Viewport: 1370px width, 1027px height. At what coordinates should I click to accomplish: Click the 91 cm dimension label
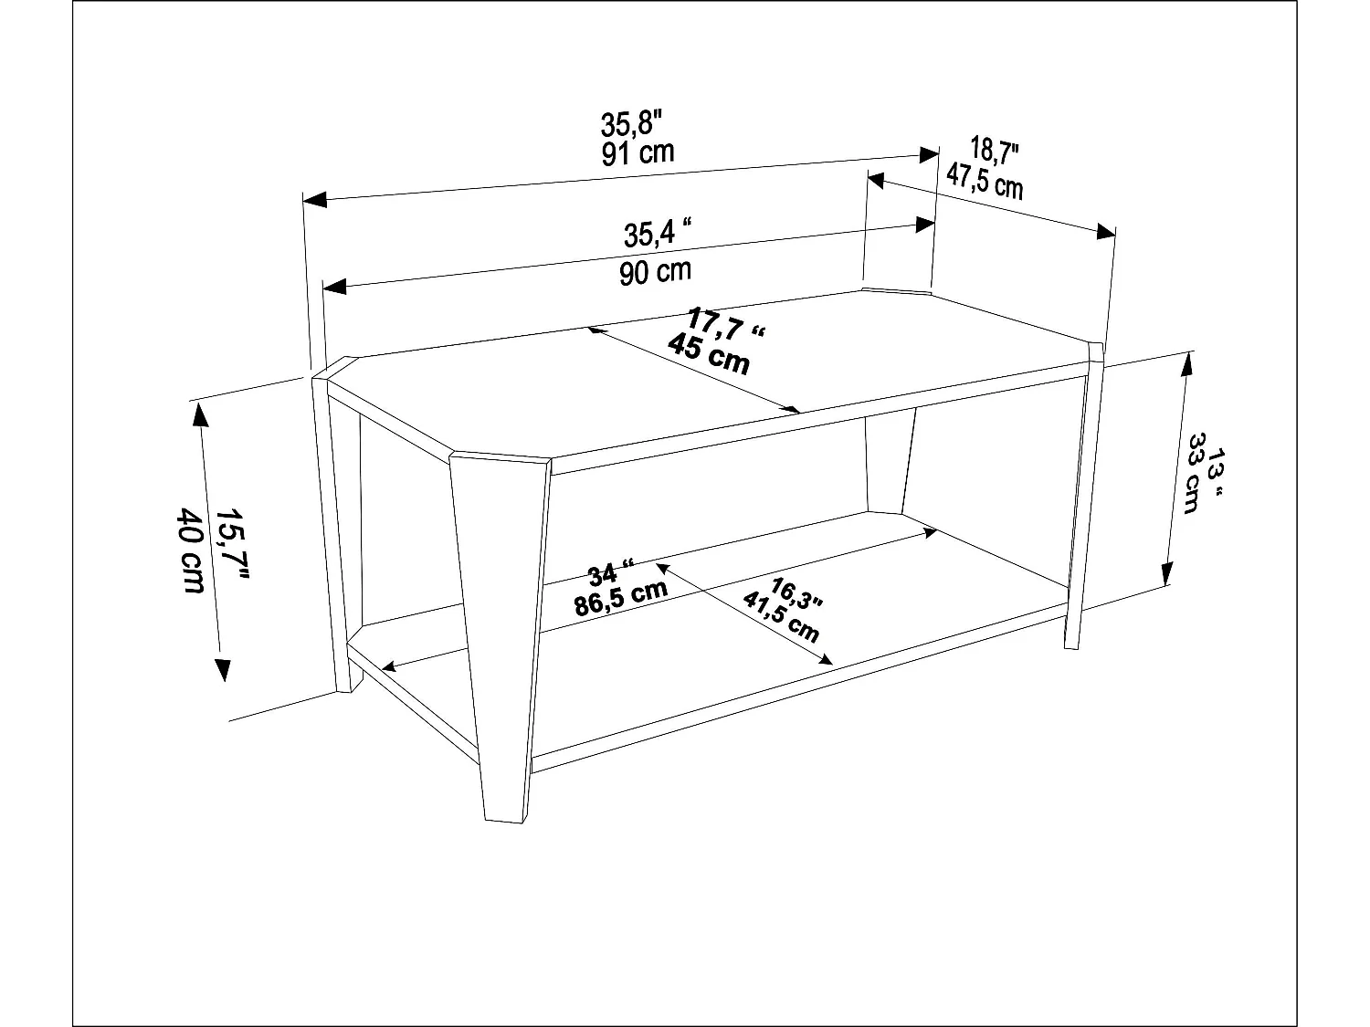coord(638,152)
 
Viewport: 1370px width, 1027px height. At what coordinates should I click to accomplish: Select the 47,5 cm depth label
coord(984,180)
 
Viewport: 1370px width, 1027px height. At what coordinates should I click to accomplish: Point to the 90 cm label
coord(655,271)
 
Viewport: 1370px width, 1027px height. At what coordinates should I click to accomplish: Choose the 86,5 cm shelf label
coord(621,599)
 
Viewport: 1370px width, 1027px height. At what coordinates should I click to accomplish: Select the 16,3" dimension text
coord(796,592)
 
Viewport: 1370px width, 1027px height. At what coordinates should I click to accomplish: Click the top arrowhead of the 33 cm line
coord(1186,364)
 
